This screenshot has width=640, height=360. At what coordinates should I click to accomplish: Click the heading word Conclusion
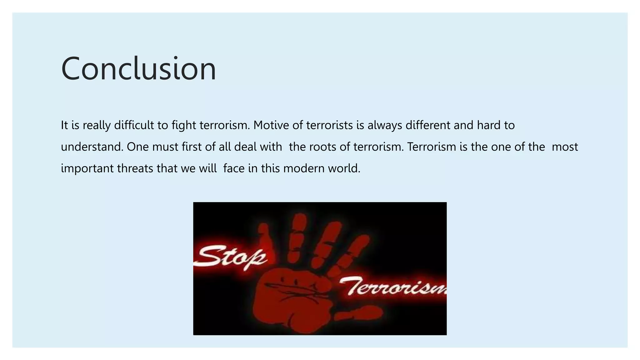click(138, 69)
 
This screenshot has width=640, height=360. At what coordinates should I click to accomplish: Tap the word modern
click(304, 168)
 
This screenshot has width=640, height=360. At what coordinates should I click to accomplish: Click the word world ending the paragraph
click(344, 168)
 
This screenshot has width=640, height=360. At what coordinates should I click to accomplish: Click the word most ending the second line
click(565, 147)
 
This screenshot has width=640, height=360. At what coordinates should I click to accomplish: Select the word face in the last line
click(234, 168)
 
